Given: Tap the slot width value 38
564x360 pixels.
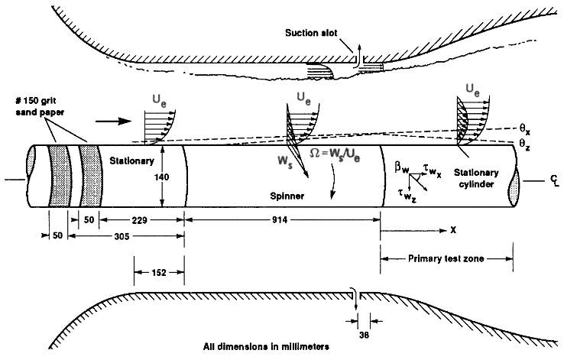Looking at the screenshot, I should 362,333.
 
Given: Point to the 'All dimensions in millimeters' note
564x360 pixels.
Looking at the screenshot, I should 267,347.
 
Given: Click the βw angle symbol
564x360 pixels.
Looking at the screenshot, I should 400,165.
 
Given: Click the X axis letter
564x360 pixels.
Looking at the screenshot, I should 452,229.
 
